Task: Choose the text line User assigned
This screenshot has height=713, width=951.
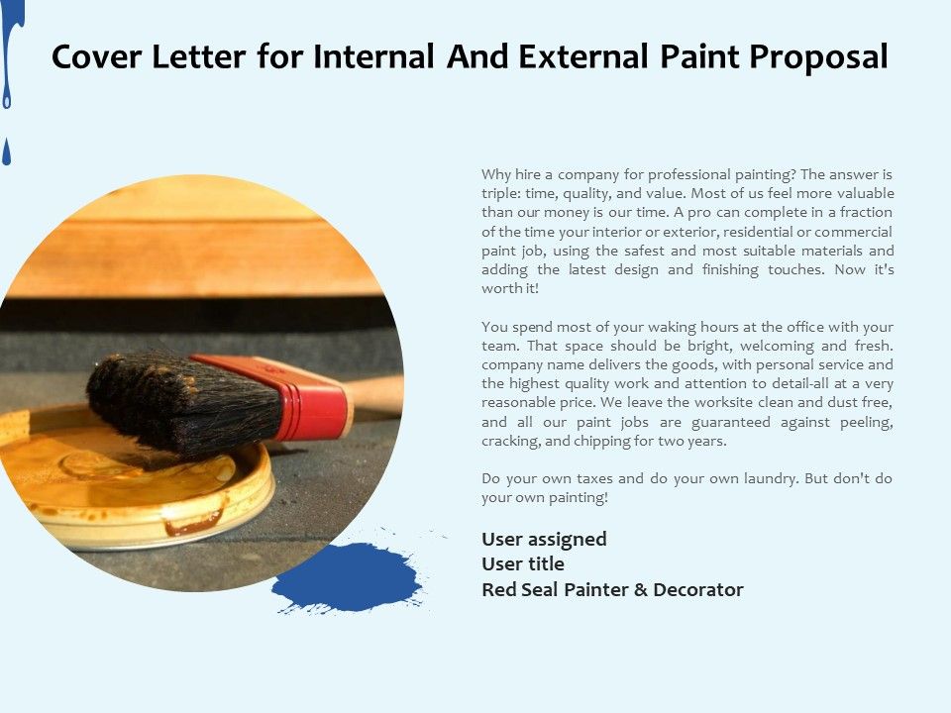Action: pos(544,540)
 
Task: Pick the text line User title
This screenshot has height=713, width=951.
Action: pos(523,564)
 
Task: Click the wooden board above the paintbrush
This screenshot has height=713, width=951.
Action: pos(198,248)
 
